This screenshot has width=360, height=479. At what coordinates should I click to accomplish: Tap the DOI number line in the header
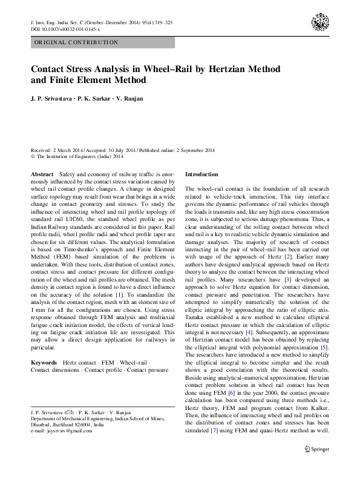point(61,28)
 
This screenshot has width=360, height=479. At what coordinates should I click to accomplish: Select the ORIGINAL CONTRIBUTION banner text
point(76,43)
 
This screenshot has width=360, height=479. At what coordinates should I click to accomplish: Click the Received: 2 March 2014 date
point(57,149)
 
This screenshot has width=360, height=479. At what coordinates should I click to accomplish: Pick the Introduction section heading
point(203,174)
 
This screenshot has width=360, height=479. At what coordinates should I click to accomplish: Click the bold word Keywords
point(44,362)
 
